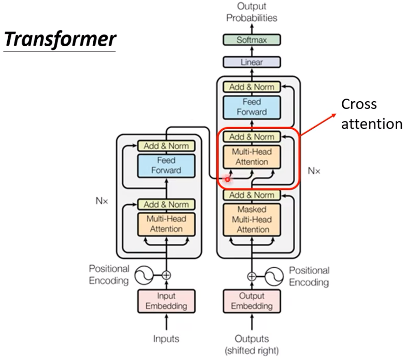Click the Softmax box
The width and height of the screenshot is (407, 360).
click(x=251, y=40)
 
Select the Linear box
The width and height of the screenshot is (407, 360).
click(x=251, y=62)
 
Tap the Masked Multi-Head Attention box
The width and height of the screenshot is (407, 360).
click(x=251, y=220)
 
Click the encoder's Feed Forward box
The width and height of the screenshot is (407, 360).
click(x=166, y=165)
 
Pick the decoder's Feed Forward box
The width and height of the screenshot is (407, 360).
click(x=251, y=107)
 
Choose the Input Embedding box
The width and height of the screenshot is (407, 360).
click(x=166, y=301)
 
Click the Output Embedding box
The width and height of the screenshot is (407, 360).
click(x=251, y=301)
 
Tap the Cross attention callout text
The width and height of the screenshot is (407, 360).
click(x=371, y=114)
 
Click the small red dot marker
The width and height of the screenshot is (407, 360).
click(x=227, y=179)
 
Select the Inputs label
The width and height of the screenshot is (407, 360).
click(x=166, y=339)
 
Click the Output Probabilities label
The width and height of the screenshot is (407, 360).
click(x=251, y=12)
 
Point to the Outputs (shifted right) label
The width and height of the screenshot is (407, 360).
click(x=251, y=344)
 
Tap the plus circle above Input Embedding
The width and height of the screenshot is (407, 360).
click(x=166, y=275)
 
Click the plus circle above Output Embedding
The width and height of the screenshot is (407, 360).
click(x=251, y=276)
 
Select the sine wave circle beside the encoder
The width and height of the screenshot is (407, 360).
click(x=144, y=275)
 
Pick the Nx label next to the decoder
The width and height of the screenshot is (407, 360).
click(x=314, y=171)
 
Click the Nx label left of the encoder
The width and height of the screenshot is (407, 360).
click(x=102, y=201)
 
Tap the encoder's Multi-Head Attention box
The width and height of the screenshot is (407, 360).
click(x=166, y=224)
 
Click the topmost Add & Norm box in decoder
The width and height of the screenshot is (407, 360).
click(x=251, y=87)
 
